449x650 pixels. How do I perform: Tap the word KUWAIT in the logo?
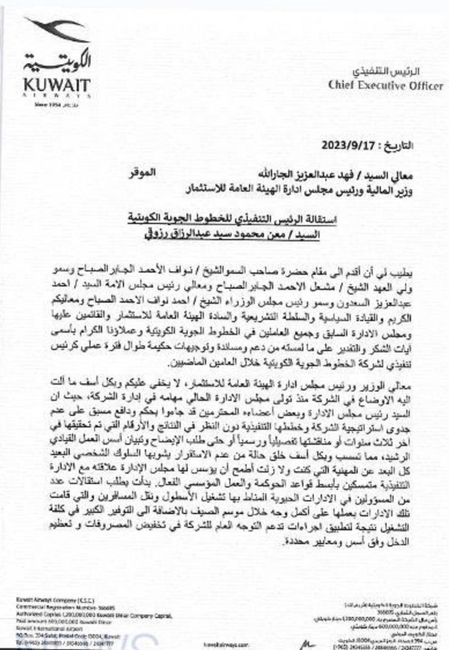tap(57, 85)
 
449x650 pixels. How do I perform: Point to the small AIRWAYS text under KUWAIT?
tap(57, 96)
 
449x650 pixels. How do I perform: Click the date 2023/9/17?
tap(342, 146)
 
